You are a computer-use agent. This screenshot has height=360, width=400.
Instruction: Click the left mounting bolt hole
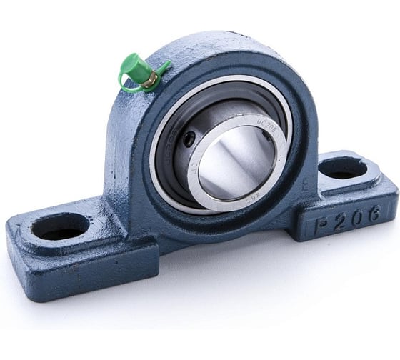tap(60, 226)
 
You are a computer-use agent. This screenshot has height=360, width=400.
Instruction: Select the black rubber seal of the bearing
tap(171, 150)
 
